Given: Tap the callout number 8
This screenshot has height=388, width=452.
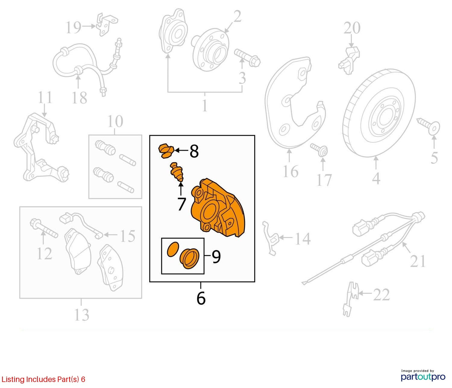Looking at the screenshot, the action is (x=194, y=151).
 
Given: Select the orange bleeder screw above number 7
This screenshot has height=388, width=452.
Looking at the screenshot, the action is (x=177, y=172).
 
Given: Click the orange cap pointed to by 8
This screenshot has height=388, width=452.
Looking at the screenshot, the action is (x=166, y=151).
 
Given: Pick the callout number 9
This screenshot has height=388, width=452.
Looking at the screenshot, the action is (x=216, y=257).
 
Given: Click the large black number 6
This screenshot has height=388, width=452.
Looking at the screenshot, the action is (x=201, y=298).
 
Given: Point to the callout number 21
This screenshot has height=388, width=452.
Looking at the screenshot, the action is (x=418, y=261).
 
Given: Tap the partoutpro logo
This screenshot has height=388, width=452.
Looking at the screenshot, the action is (x=423, y=377).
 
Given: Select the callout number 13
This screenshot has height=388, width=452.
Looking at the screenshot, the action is (x=82, y=315).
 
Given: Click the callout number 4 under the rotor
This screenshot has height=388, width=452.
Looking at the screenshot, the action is (x=376, y=179).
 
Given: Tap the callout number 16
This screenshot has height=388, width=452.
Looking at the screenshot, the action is (x=290, y=171).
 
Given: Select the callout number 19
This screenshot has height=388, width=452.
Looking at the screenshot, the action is (x=74, y=27).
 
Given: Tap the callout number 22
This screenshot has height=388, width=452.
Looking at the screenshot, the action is (x=381, y=295).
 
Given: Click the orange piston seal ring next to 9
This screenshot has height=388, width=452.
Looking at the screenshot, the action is (x=173, y=249).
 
